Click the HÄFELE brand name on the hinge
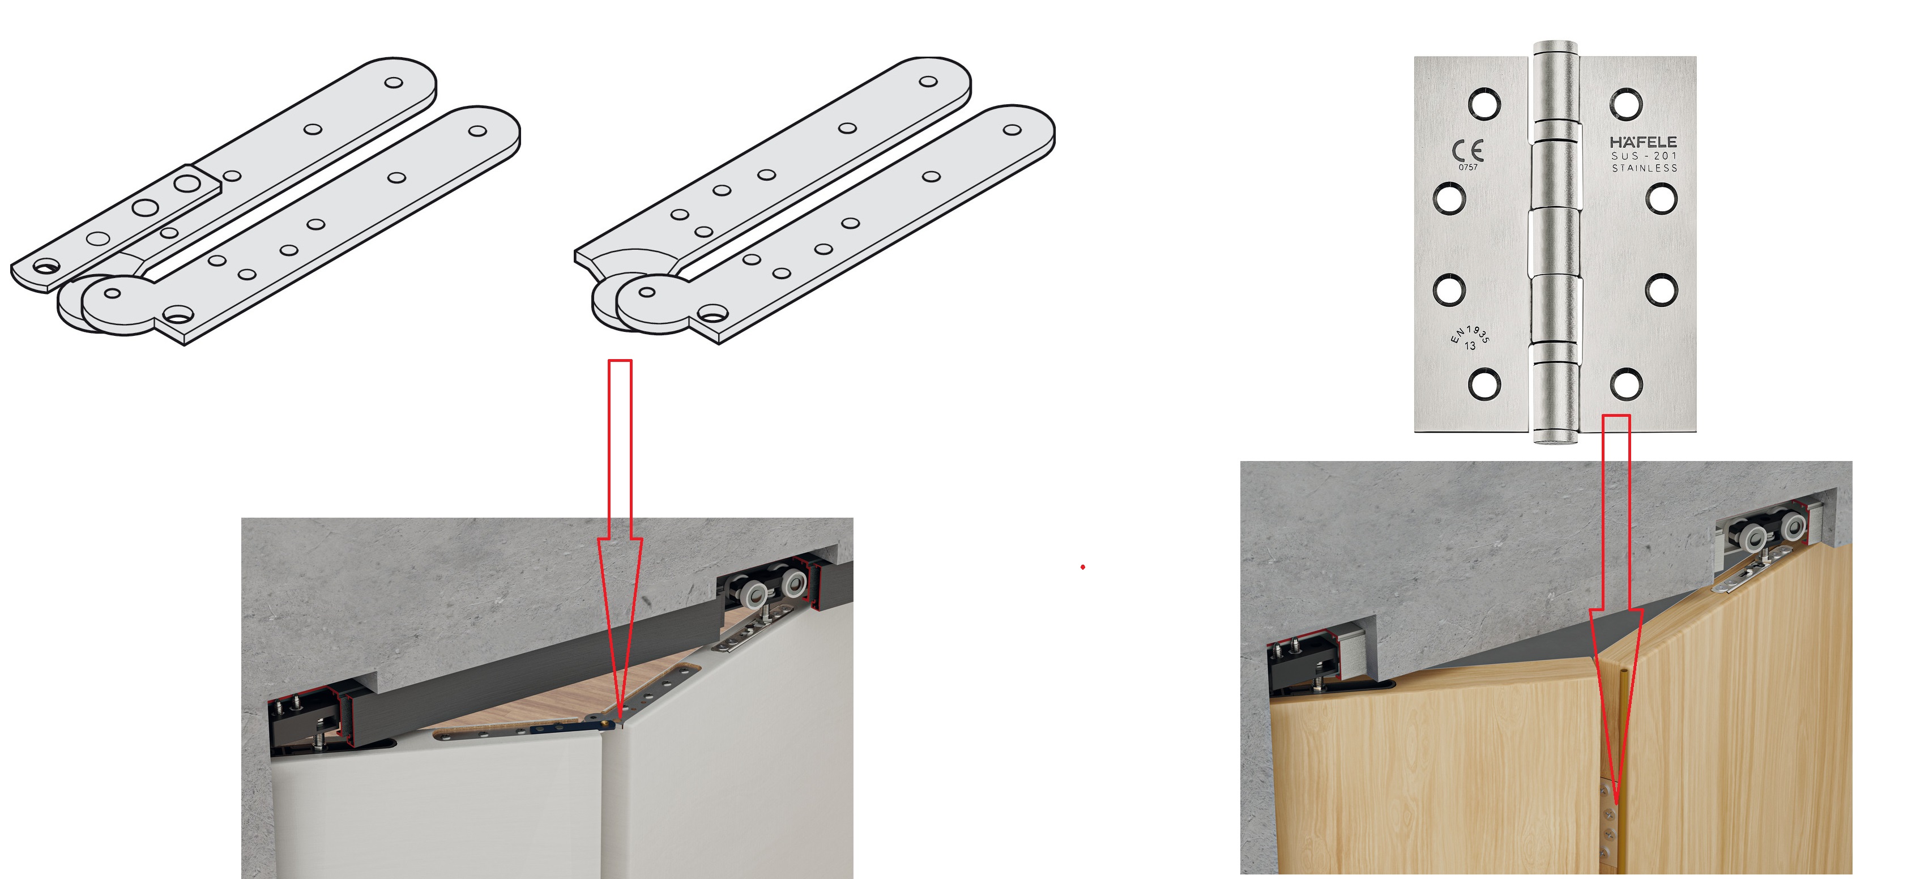pos(1643,141)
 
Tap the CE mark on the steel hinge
pos(1467,151)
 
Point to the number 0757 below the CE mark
pos(1467,167)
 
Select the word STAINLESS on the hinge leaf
pos(1645,168)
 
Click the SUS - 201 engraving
pos(1644,155)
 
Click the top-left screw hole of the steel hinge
pos(1484,104)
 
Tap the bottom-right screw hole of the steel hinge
pos(1627,385)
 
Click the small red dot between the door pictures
pos(1083,567)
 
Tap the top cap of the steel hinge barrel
pos(1555,47)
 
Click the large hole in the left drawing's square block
pos(187,183)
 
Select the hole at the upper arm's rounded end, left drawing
pos(394,83)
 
